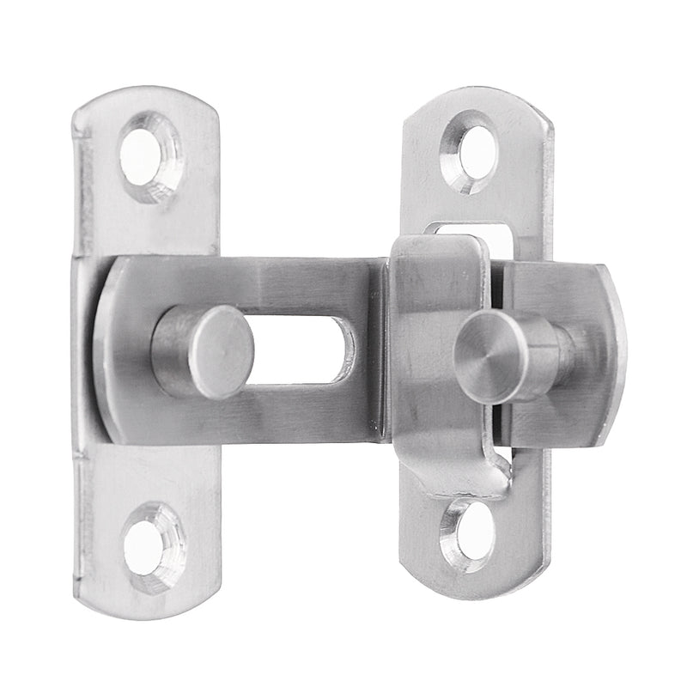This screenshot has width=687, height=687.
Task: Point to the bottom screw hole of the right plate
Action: (469, 535)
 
